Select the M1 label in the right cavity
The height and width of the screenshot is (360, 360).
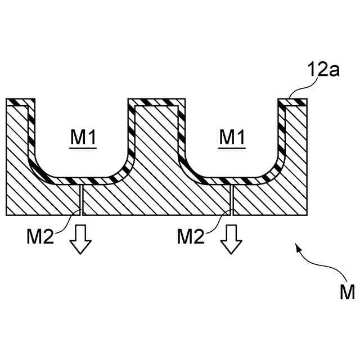point(232,137)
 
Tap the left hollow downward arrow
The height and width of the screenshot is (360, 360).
point(80,240)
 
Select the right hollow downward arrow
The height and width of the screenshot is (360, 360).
point(231,240)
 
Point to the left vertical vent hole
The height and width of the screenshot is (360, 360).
point(82,199)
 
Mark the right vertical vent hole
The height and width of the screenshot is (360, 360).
point(232,199)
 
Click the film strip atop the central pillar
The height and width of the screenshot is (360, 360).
point(156,102)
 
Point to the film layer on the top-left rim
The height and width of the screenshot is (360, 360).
point(20,102)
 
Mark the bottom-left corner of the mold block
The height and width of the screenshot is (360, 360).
point(6,214)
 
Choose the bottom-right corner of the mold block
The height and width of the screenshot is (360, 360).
point(308,214)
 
